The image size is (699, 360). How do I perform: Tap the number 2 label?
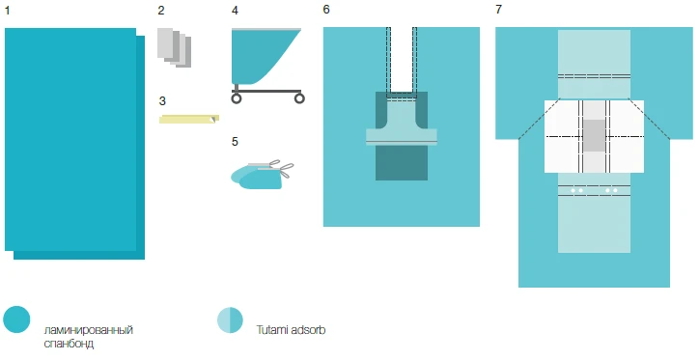point(162,10)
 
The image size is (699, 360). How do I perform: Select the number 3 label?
point(162,99)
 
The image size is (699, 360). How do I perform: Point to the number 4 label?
point(235,10)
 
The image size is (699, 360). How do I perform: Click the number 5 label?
point(235,141)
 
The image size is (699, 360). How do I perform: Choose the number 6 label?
point(326,10)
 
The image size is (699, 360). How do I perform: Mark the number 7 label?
point(498,10)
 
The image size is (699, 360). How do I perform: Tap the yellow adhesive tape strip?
point(188,119)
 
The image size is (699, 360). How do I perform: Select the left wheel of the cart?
point(237,97)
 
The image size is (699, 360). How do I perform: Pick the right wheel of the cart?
point(299,97)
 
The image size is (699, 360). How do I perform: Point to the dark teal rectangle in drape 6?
point(401,164)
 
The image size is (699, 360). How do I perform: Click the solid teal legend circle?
point(17,319)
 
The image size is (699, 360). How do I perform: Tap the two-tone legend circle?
point(230,319)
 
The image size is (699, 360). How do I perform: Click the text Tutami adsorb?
point(291,330)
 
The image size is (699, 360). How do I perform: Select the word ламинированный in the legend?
point(89,330)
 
